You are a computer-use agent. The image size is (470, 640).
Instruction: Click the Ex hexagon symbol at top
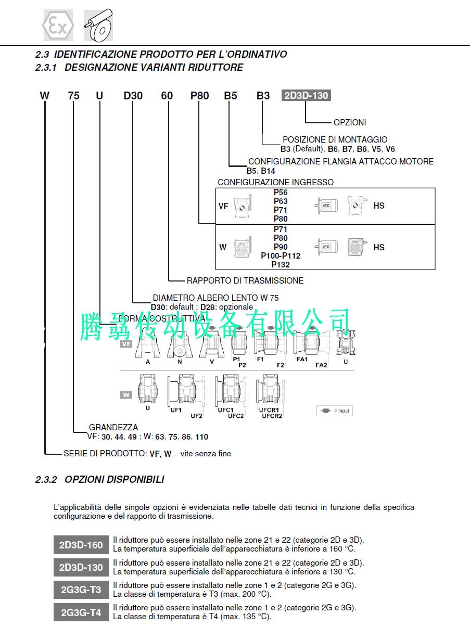(58, 25)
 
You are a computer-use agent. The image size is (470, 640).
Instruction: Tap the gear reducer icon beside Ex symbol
(98, 25)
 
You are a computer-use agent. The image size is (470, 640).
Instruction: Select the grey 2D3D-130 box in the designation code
(306, 96)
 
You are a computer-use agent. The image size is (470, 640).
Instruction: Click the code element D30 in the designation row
(133, 96)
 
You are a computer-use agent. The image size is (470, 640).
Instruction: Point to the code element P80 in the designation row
(199, 96)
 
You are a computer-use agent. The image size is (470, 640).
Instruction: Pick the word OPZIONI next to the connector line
(350, 122)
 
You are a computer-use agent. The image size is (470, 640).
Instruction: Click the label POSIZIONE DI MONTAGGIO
(335, 139)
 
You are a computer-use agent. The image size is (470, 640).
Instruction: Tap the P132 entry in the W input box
(281, 264)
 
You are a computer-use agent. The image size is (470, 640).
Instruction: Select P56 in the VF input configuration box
(281, 193)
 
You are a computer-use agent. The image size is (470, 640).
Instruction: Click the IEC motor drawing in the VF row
(326, 206)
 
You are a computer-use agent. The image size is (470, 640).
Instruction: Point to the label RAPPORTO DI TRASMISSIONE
(245, 280)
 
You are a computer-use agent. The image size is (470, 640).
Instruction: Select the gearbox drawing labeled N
(180, 345)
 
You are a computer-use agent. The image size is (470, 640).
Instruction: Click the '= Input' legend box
(334, 411)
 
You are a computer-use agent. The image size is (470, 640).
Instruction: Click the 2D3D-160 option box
(81, 545)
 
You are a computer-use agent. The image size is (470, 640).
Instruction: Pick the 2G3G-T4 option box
(81, 612)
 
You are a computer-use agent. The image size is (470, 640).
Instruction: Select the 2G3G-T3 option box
(81, 590)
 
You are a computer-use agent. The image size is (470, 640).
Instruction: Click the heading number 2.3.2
(46, 480)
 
